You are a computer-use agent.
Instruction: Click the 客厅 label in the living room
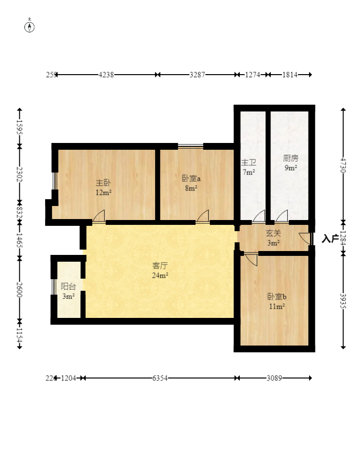[160, 266]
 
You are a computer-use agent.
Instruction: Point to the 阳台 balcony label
[68, 286]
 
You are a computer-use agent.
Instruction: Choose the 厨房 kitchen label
[290, 158]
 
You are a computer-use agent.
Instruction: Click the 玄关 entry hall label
[273, 234]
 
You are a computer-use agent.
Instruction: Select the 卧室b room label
[276, 297]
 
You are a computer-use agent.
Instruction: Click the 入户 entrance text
[329, 238]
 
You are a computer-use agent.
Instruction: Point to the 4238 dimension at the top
[107, 75]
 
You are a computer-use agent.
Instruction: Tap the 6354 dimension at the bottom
[159, 378]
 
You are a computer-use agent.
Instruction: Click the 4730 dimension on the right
[343, 165]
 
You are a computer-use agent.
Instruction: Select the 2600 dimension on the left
[19, 288]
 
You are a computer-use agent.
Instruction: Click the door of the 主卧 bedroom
[99, 217]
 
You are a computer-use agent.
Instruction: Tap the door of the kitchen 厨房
[282, 216]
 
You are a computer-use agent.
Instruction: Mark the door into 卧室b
[251, 258]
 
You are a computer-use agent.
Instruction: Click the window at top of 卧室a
[190, 145]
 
